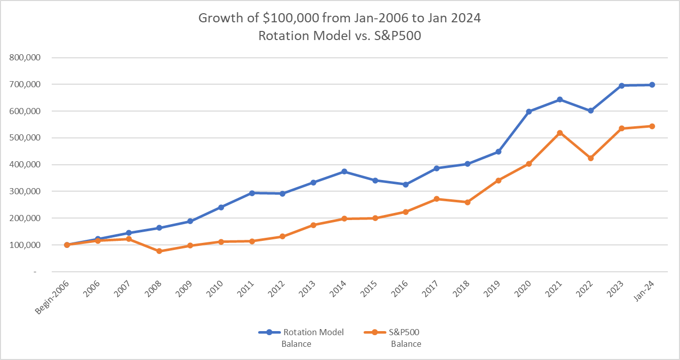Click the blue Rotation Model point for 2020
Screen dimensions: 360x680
click(529, 112)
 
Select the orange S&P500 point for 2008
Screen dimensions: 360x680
click(159, 251)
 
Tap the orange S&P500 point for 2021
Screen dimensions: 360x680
click(560, 133)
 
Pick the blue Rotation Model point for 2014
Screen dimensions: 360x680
click(344, 171)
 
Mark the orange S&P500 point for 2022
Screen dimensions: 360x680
click(591, 158)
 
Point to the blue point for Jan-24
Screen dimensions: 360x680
click(652, 85)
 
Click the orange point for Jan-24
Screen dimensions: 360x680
click(652, 126)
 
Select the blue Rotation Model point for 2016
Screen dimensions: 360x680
click(406, 185)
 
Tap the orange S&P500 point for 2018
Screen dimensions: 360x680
click(468, 202)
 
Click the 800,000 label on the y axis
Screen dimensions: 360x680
click(24, 58)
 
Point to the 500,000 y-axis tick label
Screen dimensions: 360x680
click(24, 138)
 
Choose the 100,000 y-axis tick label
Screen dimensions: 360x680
click(24, 245)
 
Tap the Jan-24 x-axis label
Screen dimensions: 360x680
click(645, 292)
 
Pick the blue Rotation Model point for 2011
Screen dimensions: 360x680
click(252, 193)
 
